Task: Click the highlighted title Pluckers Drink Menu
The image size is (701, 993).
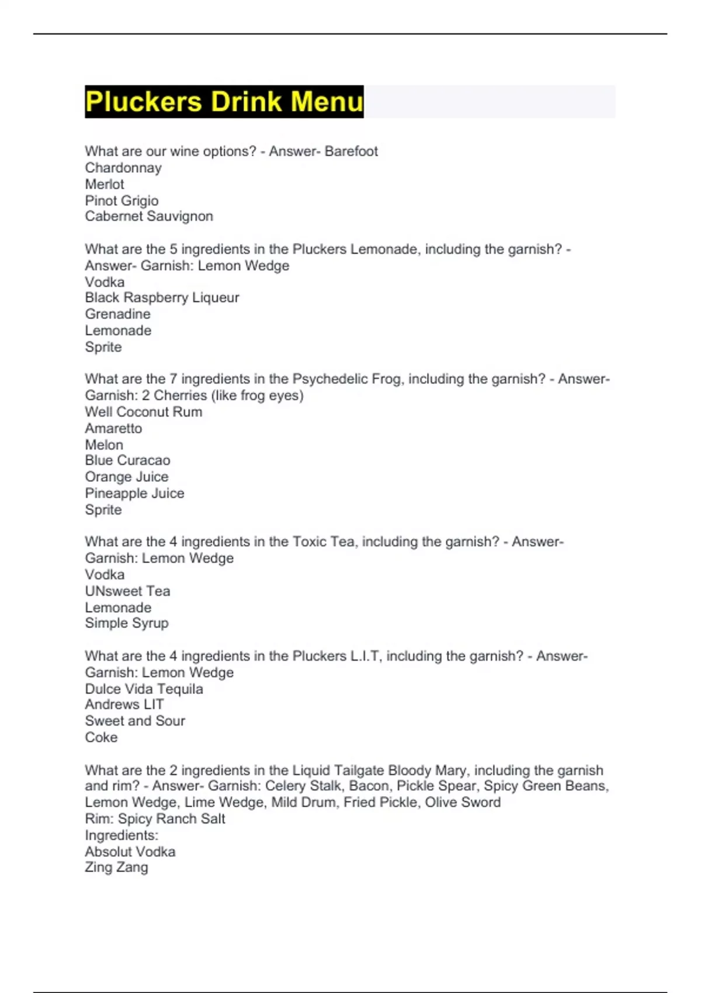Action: coord(224,102)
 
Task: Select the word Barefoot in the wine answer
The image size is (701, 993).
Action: coord(351,151)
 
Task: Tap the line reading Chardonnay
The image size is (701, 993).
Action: coord(123,168)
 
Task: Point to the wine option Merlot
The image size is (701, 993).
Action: coord(105,185)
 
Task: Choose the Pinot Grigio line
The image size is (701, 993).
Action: coord(122,201)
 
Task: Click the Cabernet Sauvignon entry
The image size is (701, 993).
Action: coord(149,217)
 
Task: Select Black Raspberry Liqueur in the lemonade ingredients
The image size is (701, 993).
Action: coord(162,298)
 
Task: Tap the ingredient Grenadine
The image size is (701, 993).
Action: coord(117,314)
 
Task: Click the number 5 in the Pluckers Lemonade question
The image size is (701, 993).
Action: coord(173,249)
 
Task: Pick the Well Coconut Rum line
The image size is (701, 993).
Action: coord(144,412)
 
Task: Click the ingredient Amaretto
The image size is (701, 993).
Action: coord(113,428)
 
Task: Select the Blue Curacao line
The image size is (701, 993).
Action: coord(127,460)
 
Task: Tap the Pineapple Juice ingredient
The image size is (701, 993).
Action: coord(134,494)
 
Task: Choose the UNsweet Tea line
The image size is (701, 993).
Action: coord(127,591)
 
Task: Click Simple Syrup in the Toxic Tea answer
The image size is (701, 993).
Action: coord(127,623)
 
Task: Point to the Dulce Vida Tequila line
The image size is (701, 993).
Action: coord(144,689)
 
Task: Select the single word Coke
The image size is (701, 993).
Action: coord(101,738)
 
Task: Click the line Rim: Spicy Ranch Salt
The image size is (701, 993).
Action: coord(155,819)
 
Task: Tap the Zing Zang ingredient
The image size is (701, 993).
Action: coord(116,867)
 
